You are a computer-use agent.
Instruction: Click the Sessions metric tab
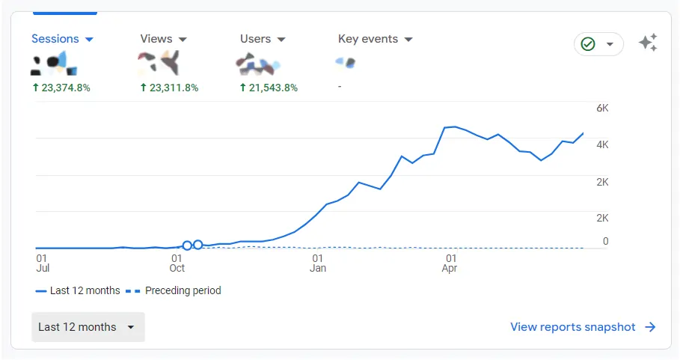61,39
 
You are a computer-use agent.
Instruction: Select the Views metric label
162,39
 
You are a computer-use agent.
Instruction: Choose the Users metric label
262,39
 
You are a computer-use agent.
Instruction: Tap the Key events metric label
375,39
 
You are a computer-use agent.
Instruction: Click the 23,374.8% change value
61,88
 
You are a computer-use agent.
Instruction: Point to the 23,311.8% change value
169,88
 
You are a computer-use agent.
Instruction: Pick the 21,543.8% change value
269,88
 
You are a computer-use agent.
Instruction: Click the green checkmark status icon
588,44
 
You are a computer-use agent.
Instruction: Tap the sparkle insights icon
648,43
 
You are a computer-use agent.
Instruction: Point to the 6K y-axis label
602,108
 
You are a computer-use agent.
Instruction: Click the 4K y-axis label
602,144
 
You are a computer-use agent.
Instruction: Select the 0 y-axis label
605,242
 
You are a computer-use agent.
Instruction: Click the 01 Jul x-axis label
43,263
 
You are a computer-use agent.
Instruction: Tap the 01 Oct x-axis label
177,263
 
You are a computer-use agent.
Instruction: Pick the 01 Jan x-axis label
318,263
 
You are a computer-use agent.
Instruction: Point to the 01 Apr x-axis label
450,263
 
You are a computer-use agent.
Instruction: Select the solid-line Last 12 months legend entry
78,290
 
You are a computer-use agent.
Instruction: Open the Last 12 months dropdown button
88,327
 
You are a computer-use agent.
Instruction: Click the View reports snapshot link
583,327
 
